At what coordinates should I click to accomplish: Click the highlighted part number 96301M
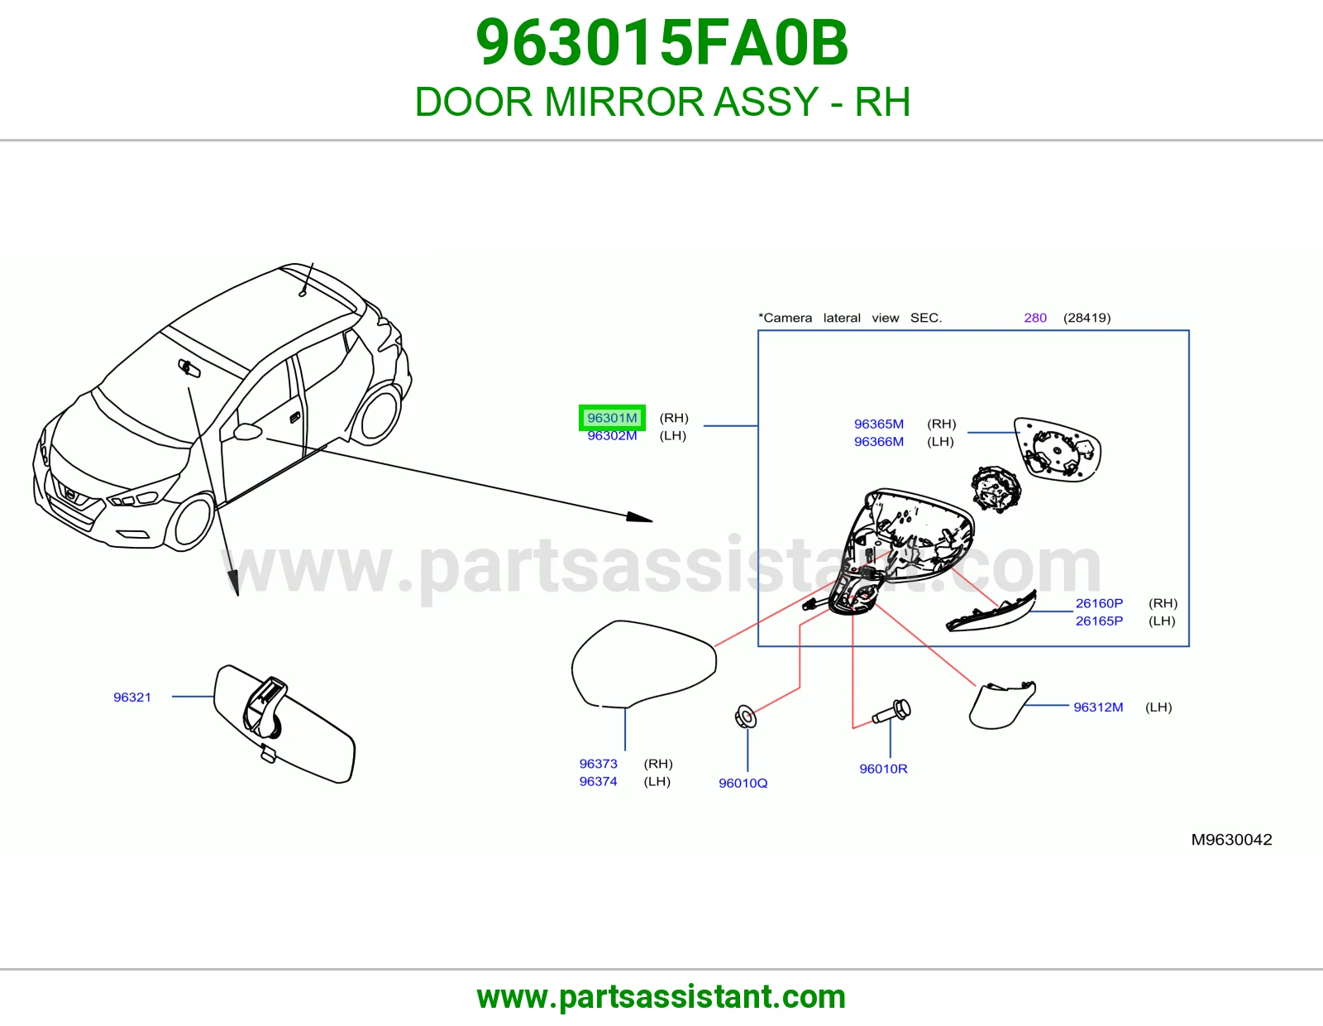click(x=612, y=418)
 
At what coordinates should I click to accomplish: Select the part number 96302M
click(x=612, y=435)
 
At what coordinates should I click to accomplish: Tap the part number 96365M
click(x=878, y=424)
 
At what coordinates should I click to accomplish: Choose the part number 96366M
click(x=878, y=442)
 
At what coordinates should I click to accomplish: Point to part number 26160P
click(x=1099, y=603)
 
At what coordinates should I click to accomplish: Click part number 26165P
click(x=1099, y=621)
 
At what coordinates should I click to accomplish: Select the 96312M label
click(x=1098, y=707)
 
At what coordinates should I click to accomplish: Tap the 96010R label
click(x=883, y=769)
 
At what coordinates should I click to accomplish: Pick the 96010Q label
click(x=743, y=784)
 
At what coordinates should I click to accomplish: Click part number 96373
click(x=599, y=764)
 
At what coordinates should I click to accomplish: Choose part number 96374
click(x=599, y=782)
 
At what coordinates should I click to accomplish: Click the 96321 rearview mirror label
click(x=132, y=698)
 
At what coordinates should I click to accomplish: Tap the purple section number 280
click(x=1035, y=318)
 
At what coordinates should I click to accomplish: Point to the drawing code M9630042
click(x=1232, y=840)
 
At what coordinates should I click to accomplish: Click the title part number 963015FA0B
click(x=661, y=43)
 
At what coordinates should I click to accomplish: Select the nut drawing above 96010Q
click(x=746, y=717)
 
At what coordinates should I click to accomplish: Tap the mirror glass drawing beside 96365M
click(x=1058, y=449)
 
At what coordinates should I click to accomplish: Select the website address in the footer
click(x=661, y=997)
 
